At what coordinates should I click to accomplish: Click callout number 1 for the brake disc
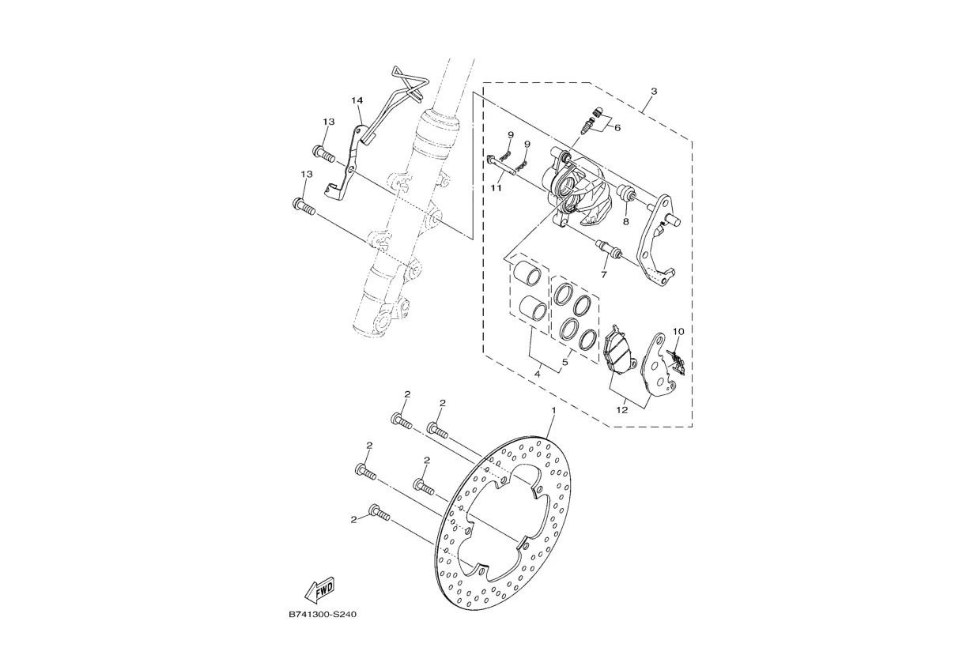point(553,411)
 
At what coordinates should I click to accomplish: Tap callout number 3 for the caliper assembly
point(653,92)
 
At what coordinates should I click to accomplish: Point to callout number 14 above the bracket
point(357,100)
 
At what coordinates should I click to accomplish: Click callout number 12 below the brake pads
point(622,409)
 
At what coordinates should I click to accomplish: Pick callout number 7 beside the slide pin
point(603,275)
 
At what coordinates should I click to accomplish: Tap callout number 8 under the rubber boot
point(625,222)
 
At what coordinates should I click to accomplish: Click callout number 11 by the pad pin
point(496,189)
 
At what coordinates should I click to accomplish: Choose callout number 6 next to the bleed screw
point(617,127)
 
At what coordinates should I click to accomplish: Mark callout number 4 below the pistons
point(537,373)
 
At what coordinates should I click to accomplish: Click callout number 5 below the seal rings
point(565,363)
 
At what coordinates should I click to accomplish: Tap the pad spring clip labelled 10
point(675,360)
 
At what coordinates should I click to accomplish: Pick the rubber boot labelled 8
point(627,194)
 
